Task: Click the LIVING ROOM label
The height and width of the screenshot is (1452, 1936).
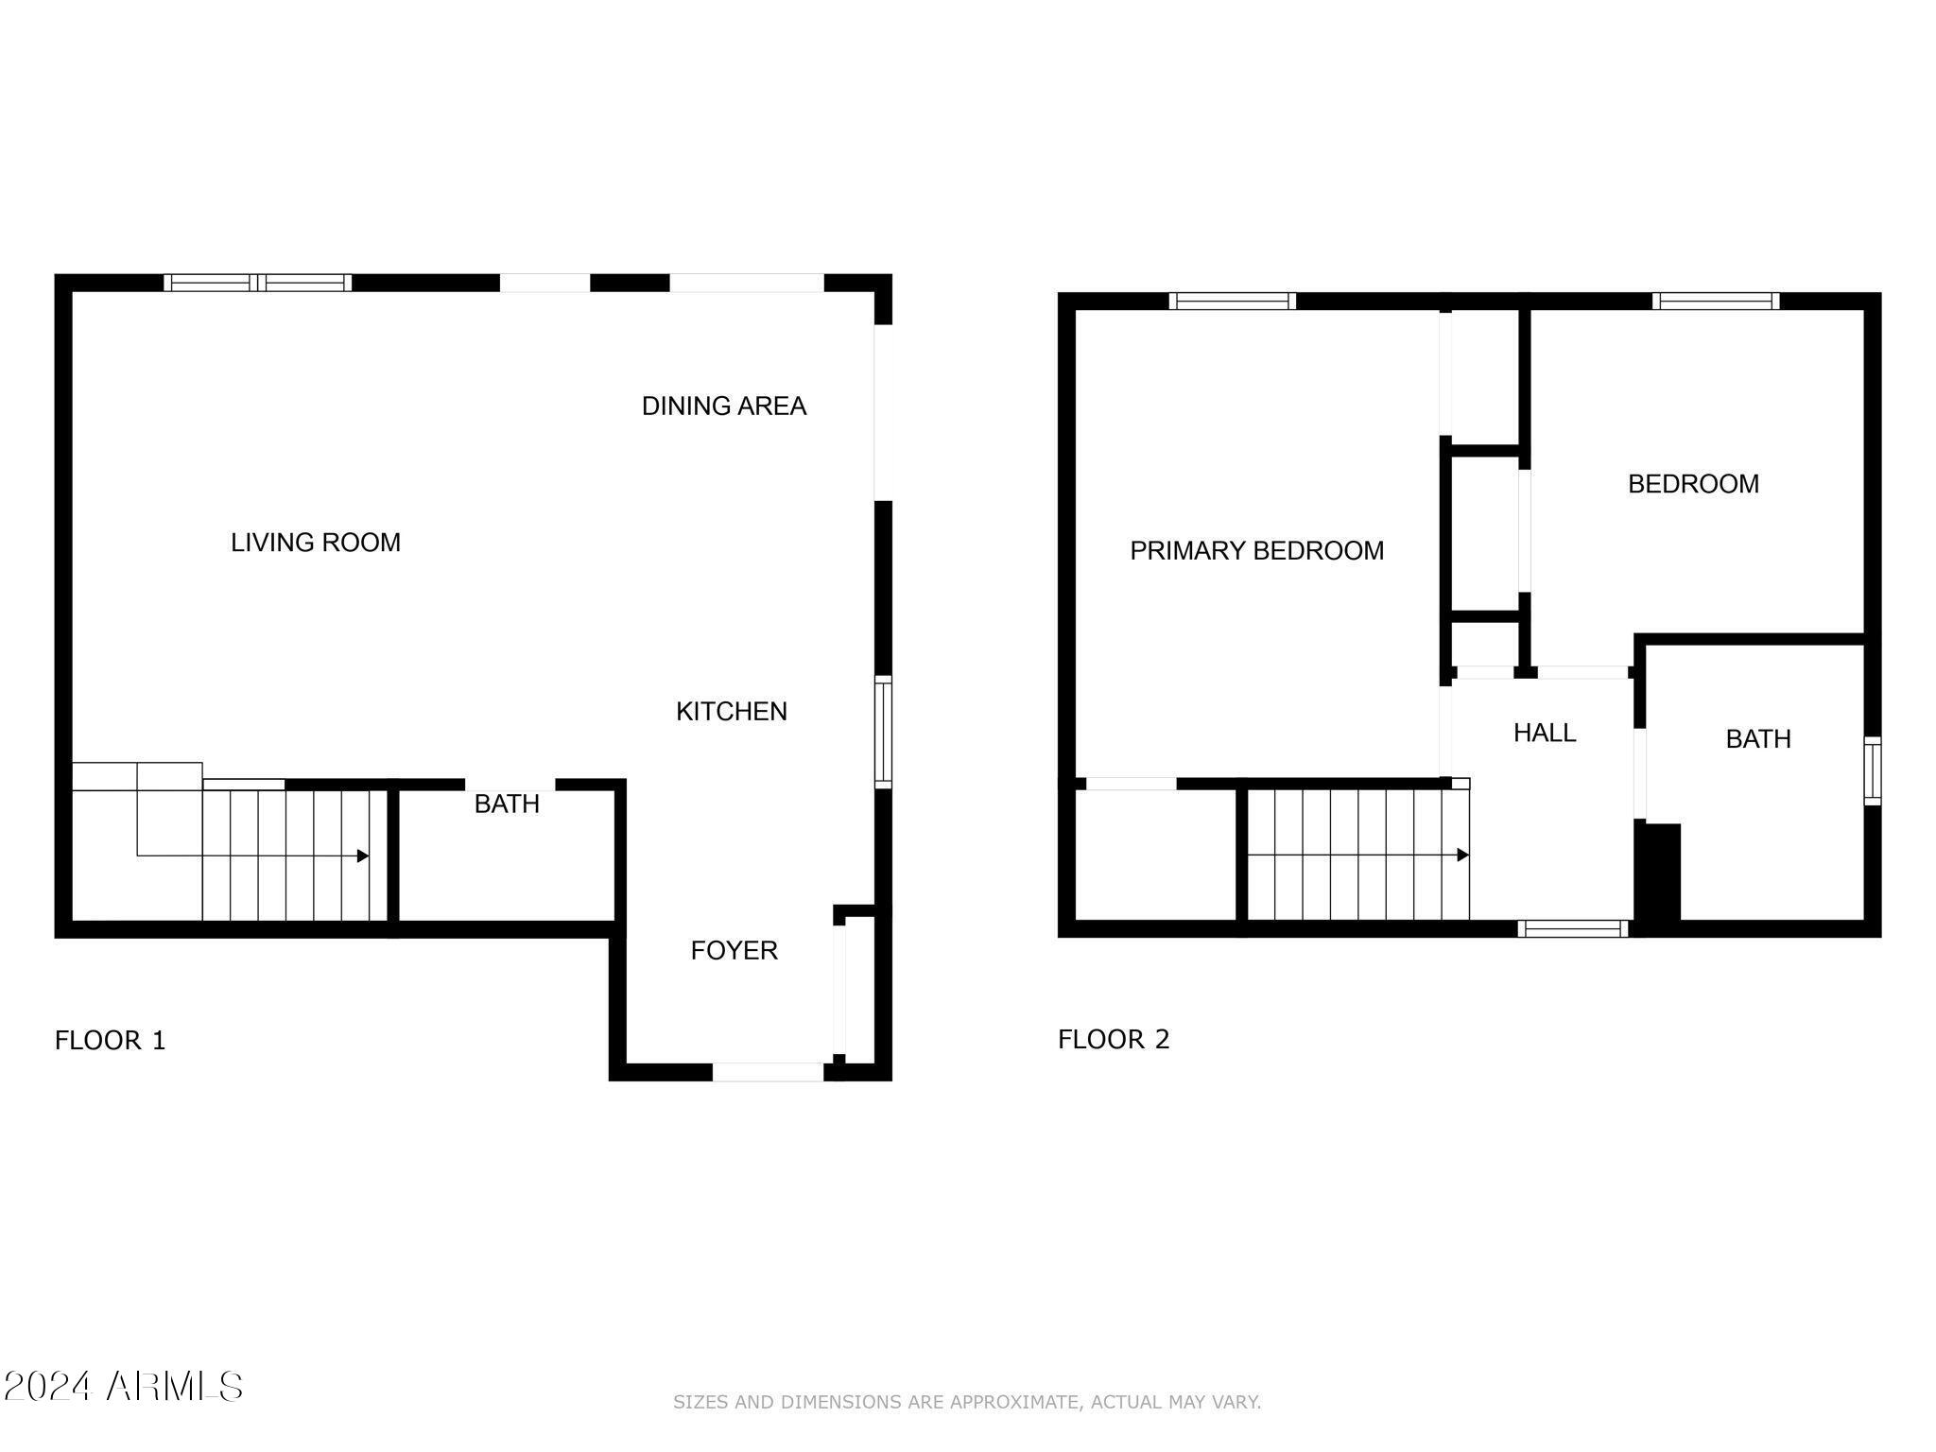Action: coord(316,543)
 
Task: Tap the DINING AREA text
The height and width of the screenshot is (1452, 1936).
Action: coord(723,406)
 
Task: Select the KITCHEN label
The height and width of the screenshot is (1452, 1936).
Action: coord(731,712)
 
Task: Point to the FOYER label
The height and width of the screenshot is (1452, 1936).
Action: coord(734,951)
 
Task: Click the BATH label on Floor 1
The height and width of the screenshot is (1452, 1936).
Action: coord(507,804)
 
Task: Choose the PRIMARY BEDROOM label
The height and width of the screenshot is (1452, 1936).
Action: coord(1256,551)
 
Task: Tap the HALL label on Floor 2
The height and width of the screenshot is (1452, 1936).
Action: coord(1544,734)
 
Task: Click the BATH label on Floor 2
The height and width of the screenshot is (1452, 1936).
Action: coord(1757,739)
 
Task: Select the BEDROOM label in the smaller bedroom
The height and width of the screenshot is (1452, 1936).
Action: coord(1692,485)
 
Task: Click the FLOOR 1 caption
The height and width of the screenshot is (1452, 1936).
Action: coord(111,1041)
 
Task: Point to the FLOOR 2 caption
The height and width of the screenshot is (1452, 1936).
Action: coord(1114,1040)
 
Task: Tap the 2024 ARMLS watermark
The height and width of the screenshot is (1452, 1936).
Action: coord(123,1387)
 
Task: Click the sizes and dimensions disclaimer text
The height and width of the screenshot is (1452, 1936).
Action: coord(966,1402)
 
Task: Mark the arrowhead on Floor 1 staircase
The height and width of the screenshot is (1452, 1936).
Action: coord(363,856)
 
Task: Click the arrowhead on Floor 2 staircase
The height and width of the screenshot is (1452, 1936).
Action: coord(1463,855)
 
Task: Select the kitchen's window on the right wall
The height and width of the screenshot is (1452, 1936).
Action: coord(883,732)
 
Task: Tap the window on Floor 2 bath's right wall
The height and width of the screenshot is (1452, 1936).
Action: coord(1872,771)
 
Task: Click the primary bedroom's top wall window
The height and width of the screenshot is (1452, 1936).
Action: coord(1232,302)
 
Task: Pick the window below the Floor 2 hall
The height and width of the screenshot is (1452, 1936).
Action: coord(1572,928)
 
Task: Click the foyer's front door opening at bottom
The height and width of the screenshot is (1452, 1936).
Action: coord(768,1072)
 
